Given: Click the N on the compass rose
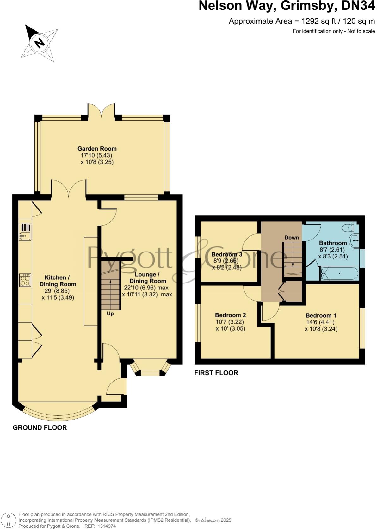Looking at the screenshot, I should (39, 42).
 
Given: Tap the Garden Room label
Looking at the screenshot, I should (97, 149).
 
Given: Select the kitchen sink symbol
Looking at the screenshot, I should (25, 232).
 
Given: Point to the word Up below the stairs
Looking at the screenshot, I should (110, 314).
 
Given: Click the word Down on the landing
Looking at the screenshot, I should (292, 237).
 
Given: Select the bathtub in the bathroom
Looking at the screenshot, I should (339, 273).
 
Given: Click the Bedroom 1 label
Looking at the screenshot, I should (321, 315).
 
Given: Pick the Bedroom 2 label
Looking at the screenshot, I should (230, 315).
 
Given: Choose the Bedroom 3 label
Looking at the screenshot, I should (227, 254).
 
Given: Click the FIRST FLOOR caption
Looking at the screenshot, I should (216, 373).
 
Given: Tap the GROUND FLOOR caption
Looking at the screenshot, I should (40, 428).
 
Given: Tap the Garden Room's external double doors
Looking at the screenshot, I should (101, 111).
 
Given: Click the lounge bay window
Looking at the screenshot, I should (150, 370).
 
